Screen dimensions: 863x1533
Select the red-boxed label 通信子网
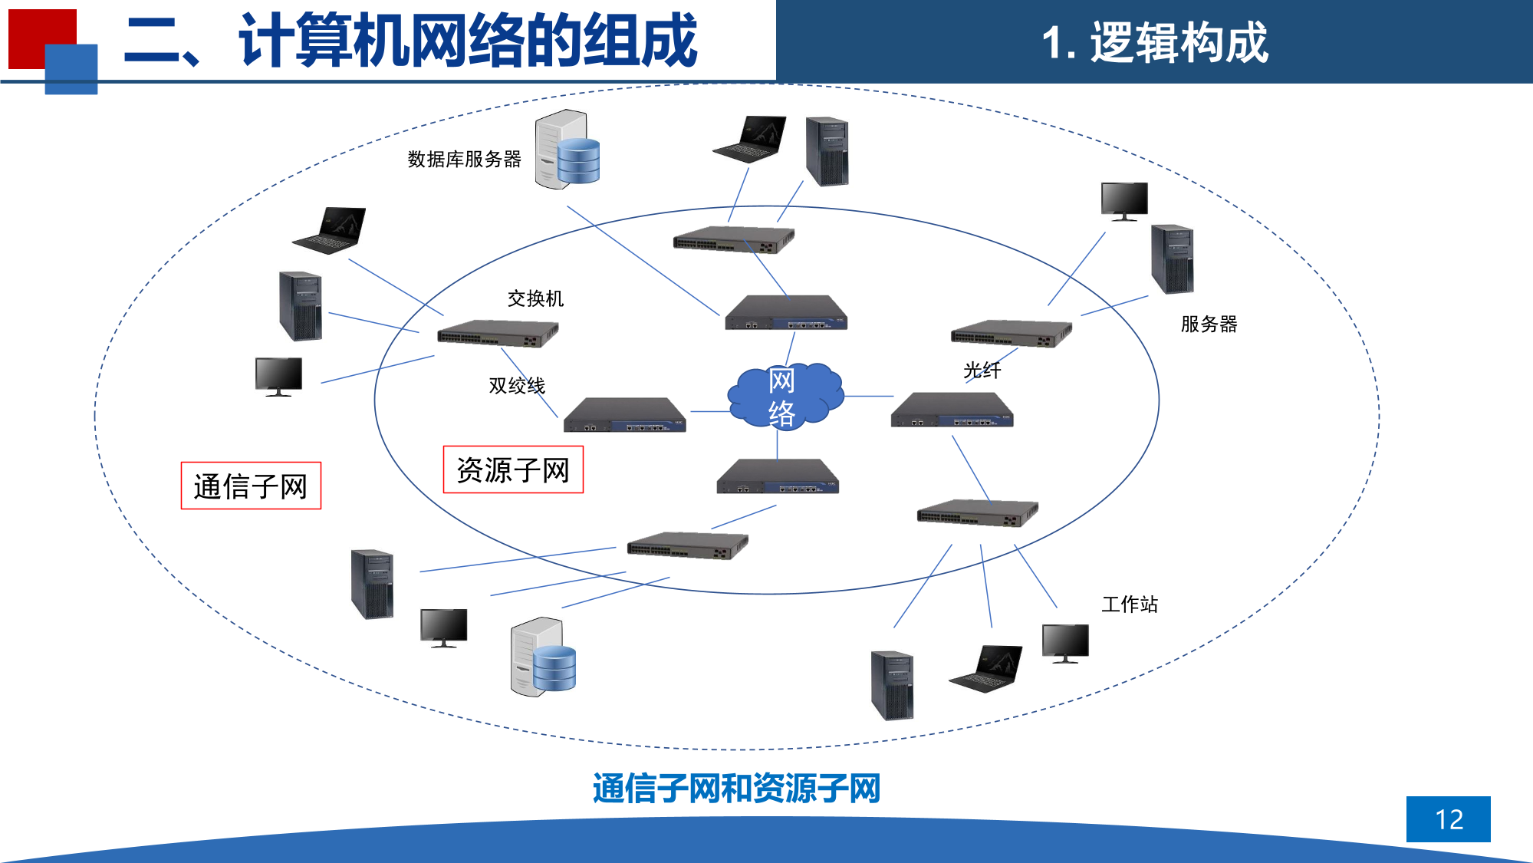pos(251,486)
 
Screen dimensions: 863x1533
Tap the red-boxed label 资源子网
pos(513,469)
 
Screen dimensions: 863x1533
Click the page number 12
pos(1448,819)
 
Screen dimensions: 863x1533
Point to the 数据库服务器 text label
pos(464,159)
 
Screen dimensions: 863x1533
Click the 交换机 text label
pos(535,298)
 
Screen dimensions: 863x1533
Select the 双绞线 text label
pos(517,385)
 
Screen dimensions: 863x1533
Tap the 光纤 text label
pos(982,371)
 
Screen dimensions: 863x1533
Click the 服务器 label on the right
pos(1209,324)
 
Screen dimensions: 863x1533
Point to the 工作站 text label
pos(1129,604)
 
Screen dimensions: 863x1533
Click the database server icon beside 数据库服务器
pos(567,150)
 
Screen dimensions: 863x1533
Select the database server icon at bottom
pos(543,657)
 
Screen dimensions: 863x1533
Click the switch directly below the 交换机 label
pos(498,334)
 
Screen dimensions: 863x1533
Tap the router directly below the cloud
pos(778,477)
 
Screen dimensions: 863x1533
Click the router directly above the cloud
pos(786,313)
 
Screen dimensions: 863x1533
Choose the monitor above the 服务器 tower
pos(1124,201)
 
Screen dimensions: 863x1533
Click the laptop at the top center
pos(751,140)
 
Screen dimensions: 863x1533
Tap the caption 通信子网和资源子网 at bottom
pos(736,789)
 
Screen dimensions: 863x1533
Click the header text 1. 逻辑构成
pos(1154,42)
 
